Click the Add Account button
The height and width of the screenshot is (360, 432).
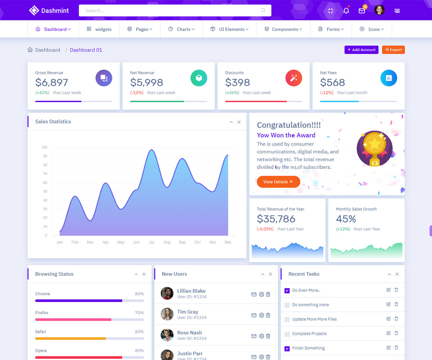tap(361, 50)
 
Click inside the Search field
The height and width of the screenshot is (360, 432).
tap(175, 10)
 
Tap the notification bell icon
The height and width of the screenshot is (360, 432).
tap(346, 11)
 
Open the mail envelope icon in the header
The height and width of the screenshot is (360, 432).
tap(362, 11)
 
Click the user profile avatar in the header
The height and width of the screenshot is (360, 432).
tap(379, 10)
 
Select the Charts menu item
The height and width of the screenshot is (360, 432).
tap(182, 29)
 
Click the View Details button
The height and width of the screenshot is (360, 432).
tap(278, 182)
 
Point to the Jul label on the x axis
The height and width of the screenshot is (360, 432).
tap(152, 242)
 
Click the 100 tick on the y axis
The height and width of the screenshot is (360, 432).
tap(44, 147)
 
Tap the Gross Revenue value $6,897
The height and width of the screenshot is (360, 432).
tap(51, 82)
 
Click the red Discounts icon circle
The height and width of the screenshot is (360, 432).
tap(294, 78)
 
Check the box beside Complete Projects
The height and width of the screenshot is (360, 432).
tap(287, 334)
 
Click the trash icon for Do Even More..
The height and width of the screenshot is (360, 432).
tap(396, 290)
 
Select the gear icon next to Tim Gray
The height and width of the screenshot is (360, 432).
tap(261, 315)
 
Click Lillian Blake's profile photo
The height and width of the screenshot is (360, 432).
tap(167, 293)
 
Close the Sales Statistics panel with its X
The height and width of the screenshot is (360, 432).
tap(239, 122)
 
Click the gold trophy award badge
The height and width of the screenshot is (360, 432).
tap(374, 148)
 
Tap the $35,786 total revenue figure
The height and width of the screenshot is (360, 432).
tap(276, 219)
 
